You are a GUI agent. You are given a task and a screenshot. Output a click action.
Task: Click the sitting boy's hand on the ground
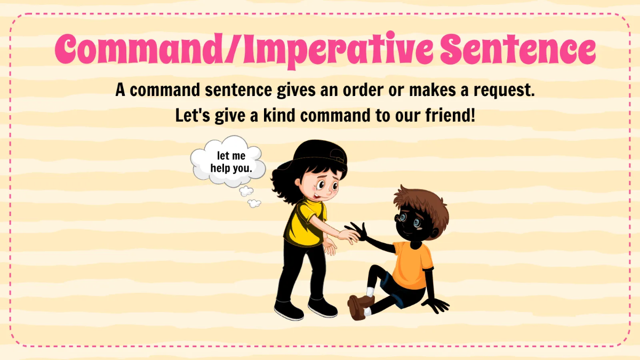(437, 306)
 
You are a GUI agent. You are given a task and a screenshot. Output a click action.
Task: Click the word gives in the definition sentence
(301, 90)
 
